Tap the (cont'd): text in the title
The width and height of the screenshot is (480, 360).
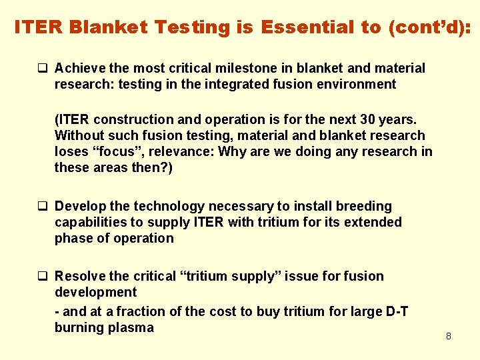pos(425,27)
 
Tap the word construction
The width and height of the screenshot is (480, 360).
pos(134,119)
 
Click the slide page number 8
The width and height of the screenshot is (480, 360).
pos(448,337)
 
